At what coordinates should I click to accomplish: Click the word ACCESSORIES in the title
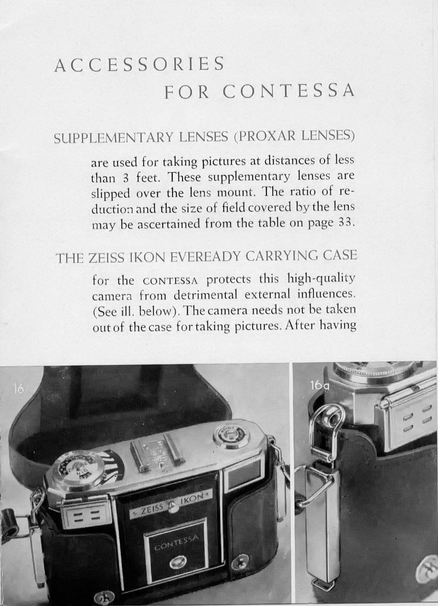pos(139,64)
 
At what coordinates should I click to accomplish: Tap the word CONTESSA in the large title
pos(288,91)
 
